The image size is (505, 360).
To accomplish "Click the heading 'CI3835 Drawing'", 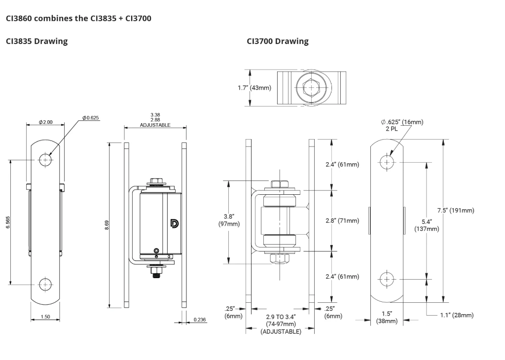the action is pyautogui.click(x=36, y=41).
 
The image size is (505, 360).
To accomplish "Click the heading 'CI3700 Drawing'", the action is pyautogui.click(x=278, y=41).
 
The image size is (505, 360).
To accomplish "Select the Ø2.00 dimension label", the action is pyautogui.click(x=45, y=122).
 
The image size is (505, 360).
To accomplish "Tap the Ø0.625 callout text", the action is pyautogui.click(x=91, y=118).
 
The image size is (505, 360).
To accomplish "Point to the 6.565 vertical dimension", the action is pyautogui.click(x=8, y=222).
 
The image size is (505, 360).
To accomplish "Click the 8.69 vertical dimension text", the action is pyautogui.click(x=107, y=225).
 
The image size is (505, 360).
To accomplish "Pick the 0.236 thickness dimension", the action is pyautogui.click(x=200, y=320).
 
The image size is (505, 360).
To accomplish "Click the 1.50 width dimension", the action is pyautogui.click(x=45, y=317).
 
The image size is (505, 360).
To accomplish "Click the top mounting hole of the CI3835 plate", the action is pyautogui.click(x=45, y=160).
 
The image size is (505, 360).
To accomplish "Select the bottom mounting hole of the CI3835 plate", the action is pyautogui.click(x=45, y=285).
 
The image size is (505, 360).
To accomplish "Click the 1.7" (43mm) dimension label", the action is pyautogui.click(x=254, y=88).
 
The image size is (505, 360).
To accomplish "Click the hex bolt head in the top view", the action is pyautogui.click(x=312, y=88).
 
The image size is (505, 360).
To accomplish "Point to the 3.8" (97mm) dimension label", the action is pyautogui.click(x=229, y=220).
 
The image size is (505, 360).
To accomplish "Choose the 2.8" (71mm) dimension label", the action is pyautogui.click(x=342, y=220).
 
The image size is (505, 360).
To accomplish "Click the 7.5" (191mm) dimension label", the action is pyautogui.click(x=456, y=211).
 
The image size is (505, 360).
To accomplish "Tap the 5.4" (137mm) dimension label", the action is pyautogui.click(x=427, y=225).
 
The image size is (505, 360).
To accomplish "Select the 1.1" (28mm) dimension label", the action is pyautogui.click(x=457, y=315).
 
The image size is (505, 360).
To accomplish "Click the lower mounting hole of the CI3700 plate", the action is pyautogui.click(x=387, y=280).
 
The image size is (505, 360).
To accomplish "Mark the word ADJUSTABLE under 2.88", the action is pyautogui.click(x=155, y=125).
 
